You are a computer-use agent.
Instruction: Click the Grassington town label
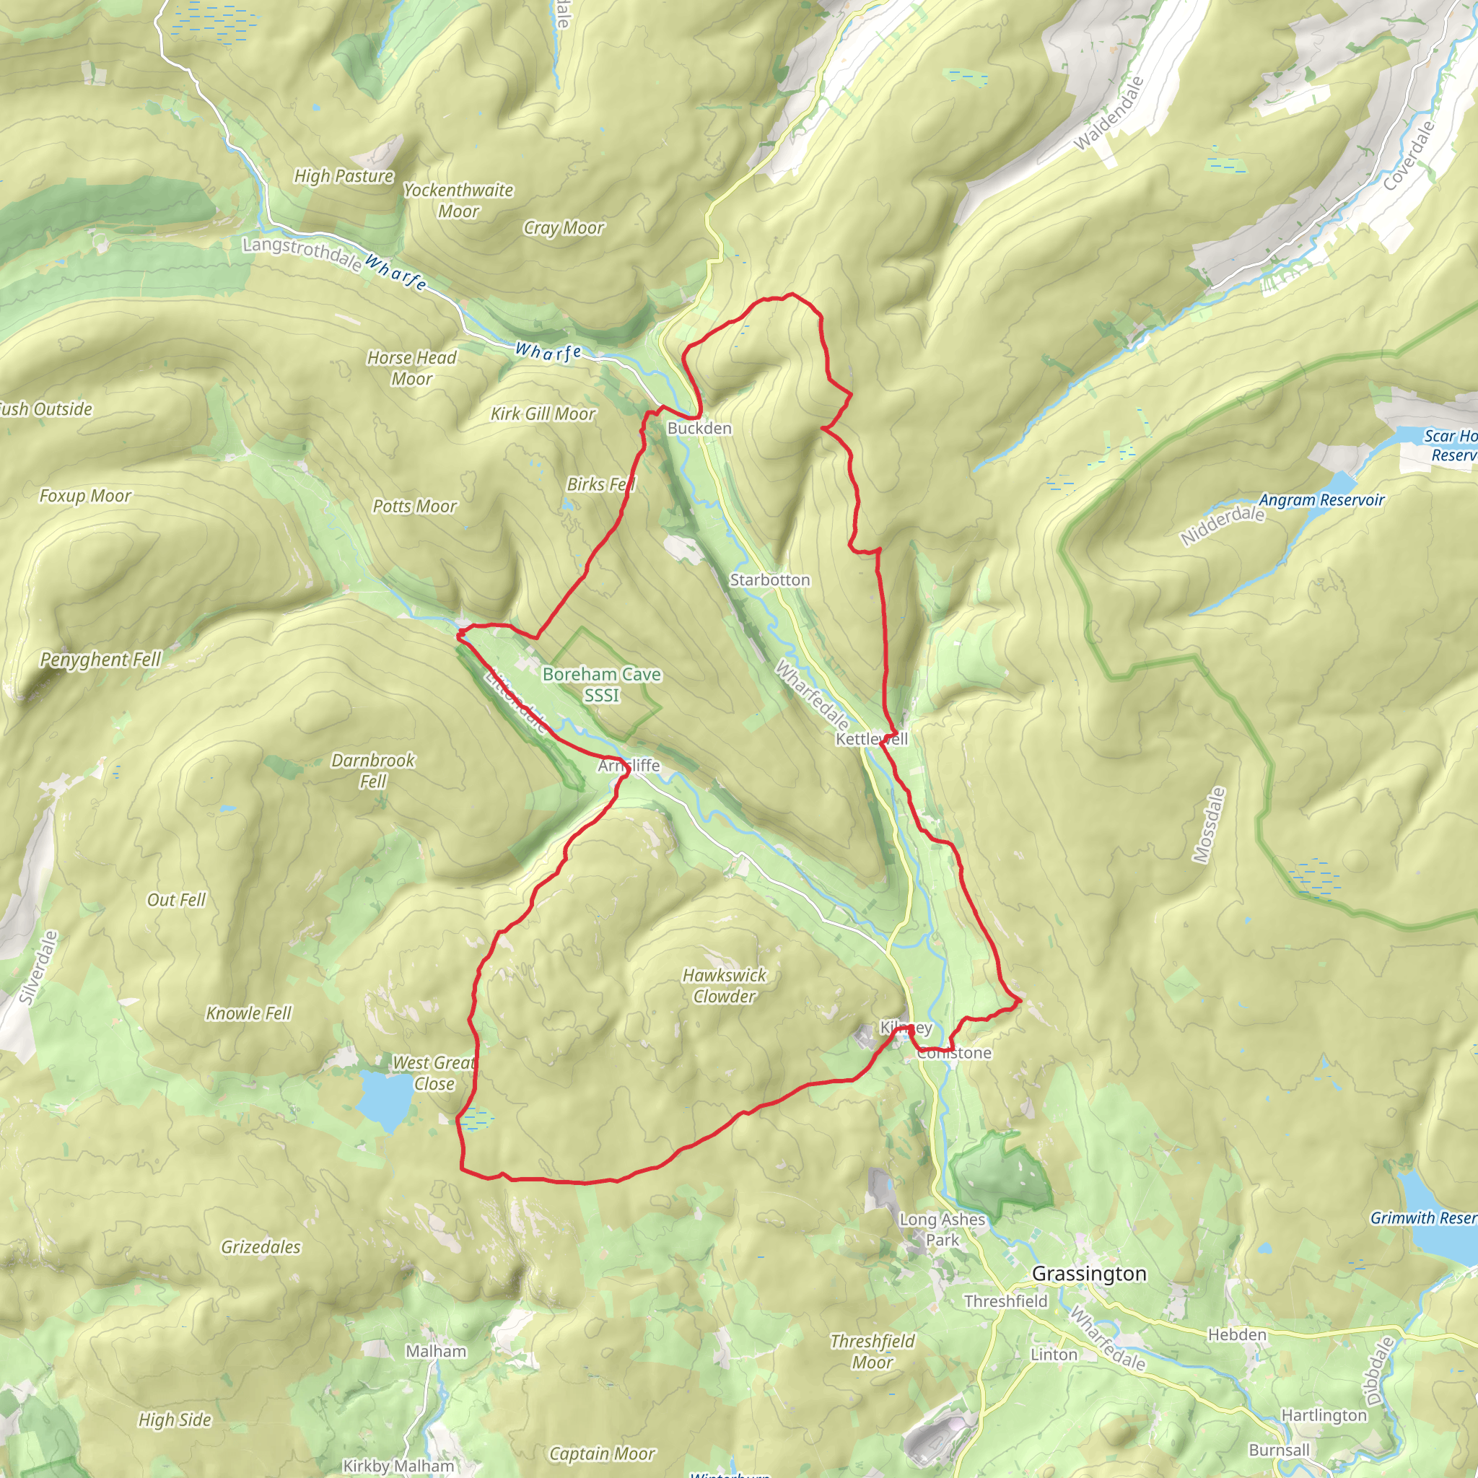click(1088, 1274)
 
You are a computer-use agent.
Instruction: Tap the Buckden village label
click(699, 429)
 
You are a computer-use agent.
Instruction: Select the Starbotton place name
click(769, 580)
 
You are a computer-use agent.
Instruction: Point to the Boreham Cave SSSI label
click(601, 685)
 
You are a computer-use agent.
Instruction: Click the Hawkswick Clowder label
click(724, 985)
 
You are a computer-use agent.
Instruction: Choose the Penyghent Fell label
click(100, 660)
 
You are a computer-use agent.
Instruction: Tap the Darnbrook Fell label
click(372, 770)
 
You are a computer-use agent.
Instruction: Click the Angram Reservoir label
click(1321, 500)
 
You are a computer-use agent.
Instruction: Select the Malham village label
click(436, 1351)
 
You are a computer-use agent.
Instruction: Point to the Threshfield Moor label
click(872, 1352)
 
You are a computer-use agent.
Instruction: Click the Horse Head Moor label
click(411, 368)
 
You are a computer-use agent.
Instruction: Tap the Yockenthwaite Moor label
click(458, 201)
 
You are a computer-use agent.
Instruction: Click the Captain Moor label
click(602, 1453)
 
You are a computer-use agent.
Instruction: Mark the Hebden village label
click(1237, 1335)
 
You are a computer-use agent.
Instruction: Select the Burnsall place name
click(1279, 1450)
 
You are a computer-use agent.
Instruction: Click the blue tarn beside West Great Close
click(385, 1099)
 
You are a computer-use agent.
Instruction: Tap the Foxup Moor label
click(86, 496)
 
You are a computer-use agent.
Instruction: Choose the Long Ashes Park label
click(942, 1229)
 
